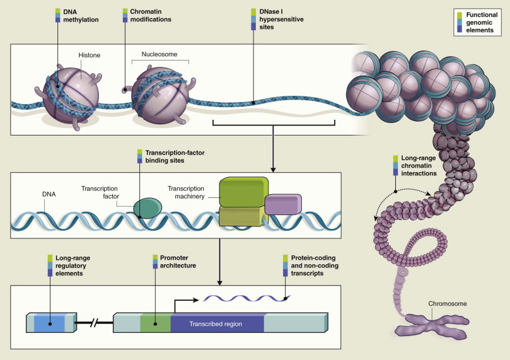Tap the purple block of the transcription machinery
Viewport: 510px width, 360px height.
[282, 204]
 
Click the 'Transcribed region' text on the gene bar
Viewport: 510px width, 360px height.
[216, 323]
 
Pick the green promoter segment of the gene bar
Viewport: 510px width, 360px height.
[155, 323]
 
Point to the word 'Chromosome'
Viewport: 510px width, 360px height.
[448, 304]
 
